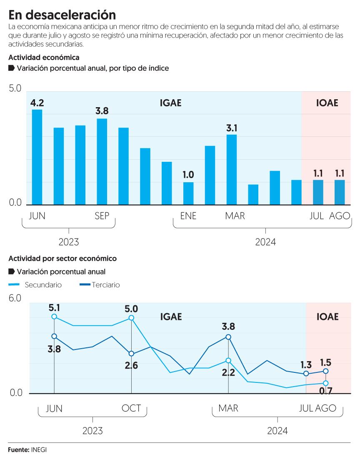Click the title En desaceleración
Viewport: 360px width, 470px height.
pos(62,15)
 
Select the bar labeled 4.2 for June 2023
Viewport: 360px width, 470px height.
pos(37,157)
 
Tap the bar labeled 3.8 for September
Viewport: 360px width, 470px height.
pos(102,161)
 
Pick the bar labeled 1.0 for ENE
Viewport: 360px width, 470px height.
pos(188,193)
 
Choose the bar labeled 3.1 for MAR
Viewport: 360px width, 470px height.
pos(232,169)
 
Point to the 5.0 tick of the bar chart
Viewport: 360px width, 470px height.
pos(15,89)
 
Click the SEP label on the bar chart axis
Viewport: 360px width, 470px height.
pos(102,216)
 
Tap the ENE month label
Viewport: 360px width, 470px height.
pos(188,216)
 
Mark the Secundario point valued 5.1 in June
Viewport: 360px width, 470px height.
pos(54,317)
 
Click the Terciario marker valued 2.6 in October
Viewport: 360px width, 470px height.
pos(131,354)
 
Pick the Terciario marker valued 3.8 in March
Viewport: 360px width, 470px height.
pos(228,337)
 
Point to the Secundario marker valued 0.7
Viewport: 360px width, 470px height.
pos(326,383)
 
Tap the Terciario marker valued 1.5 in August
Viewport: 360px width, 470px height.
pos(326,371)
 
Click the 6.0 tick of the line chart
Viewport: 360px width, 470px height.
pos(15,299)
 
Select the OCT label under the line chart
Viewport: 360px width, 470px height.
pos(131,408)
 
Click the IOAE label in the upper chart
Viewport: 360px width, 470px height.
pos(327,103)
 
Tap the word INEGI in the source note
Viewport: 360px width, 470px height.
pos(39,450)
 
